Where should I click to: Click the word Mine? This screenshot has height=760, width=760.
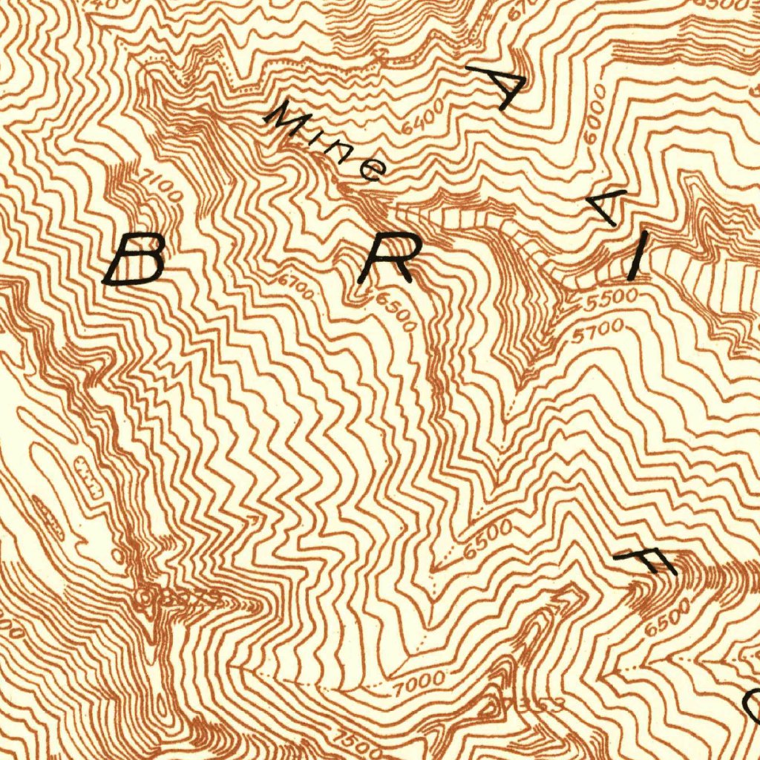point(327,142)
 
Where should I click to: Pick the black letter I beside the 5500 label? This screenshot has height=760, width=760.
point(636,255)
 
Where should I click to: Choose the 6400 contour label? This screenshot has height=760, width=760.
point(422,117)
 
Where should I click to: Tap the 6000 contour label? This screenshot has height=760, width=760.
point(594,114)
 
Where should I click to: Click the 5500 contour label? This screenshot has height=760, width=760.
point(611,299)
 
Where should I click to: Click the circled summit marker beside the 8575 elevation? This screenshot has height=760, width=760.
point(145,594)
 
